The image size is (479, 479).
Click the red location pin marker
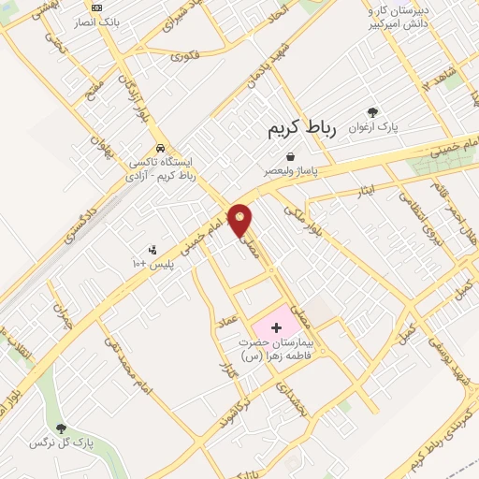click(240, 220)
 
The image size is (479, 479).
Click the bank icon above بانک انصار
click(96, 7)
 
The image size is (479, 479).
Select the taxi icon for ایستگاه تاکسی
click(162, 148)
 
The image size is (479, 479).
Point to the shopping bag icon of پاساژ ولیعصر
click(291, 157)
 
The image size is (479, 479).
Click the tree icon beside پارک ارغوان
click(373, 111)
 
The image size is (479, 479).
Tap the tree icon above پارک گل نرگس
click(61, 428)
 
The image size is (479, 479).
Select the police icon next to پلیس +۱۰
click(152, 250)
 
